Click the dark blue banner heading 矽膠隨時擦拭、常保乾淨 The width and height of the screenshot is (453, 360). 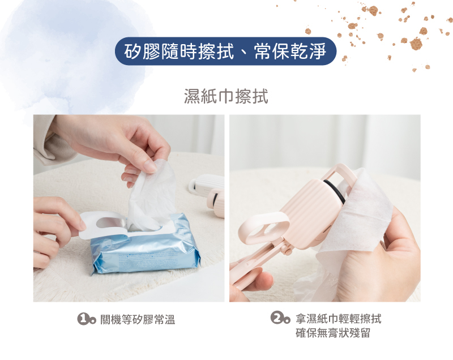click(225, 52)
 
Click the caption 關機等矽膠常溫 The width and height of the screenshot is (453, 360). click(138, 320)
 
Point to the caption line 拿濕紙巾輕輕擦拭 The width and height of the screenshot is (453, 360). click(339, 319)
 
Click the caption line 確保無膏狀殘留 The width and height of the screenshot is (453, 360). click(333, 333)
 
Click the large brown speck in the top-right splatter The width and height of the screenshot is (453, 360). click(416, 44)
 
